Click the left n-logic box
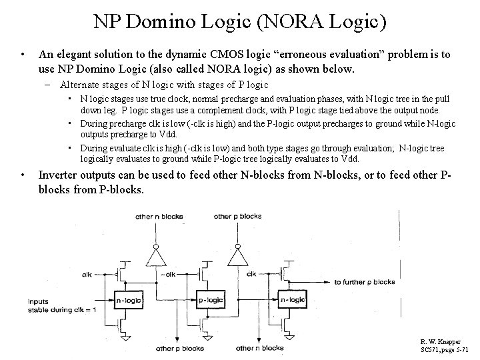pyautogui.click(x=129, y=301)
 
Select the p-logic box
pyautogui.click(x=210, y=301)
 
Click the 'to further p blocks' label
pyautogui.click(x=365, y=282)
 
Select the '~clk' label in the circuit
pyautogui.click(x=251, y=274)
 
